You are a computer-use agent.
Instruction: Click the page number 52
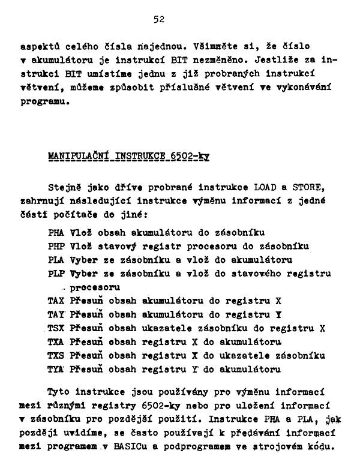pos(159,20)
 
